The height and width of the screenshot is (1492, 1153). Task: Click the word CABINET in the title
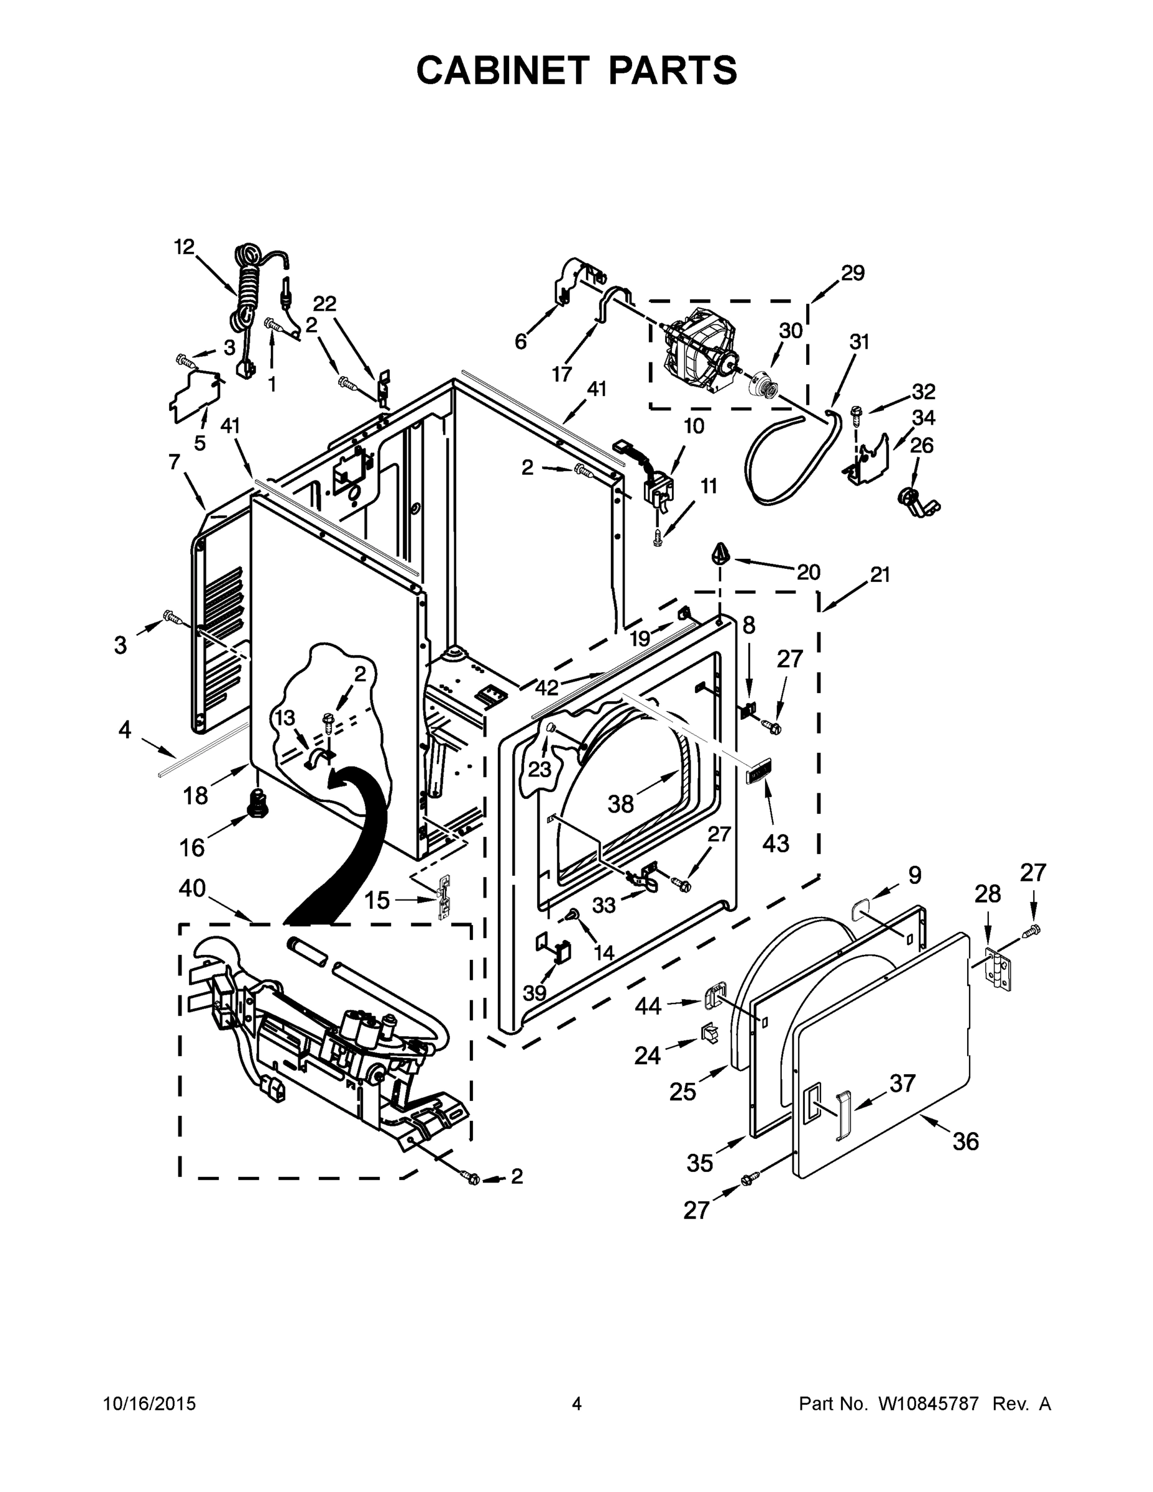(x=502, y=70)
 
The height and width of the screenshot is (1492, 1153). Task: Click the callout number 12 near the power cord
(x=184, y=247)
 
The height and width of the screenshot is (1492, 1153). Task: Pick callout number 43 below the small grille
(x=775, y=843)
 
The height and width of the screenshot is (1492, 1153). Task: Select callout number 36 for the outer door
(x=965, y=1141)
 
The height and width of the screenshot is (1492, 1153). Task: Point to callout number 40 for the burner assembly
(x=192, y=888)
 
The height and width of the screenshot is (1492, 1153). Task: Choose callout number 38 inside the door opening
(x=620, y=804)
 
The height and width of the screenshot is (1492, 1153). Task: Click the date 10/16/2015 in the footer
(x=149, y=1403)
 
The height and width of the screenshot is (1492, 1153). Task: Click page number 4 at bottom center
(x=577, y=1403)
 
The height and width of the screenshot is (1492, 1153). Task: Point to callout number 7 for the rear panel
(x=174, y=463)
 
